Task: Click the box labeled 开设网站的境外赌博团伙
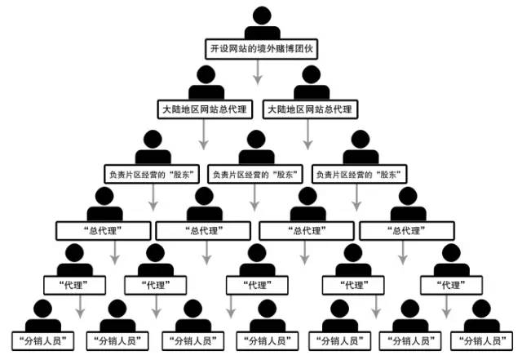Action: click(261, 49)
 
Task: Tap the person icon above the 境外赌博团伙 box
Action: click(262, 24)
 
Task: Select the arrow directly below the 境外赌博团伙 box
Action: click(258, 72)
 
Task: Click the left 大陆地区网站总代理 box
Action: click(205, 109)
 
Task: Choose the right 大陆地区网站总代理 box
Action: click(310, 109)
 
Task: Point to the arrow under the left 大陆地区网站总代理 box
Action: click(204, 135)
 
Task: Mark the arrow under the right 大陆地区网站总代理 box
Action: click(308, 135)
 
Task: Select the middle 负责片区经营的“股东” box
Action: click(255, 174)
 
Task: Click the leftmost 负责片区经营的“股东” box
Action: click(152, 174)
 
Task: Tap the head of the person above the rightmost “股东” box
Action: click(361, 140)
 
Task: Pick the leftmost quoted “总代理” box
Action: click(104, 231)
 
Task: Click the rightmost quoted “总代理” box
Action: click(407, 231)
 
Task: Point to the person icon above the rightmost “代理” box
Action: click(451, 260)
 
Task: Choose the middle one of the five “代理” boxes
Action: click(257, 286)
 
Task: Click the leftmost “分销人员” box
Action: click(43, 341)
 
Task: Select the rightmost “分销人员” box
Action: click(481, 341)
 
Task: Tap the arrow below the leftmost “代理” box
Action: click(80, 307)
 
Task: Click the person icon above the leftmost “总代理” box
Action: click(104, 204)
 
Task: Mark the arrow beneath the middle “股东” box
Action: click(254, 198)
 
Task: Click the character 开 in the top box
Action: click(215, 49)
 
